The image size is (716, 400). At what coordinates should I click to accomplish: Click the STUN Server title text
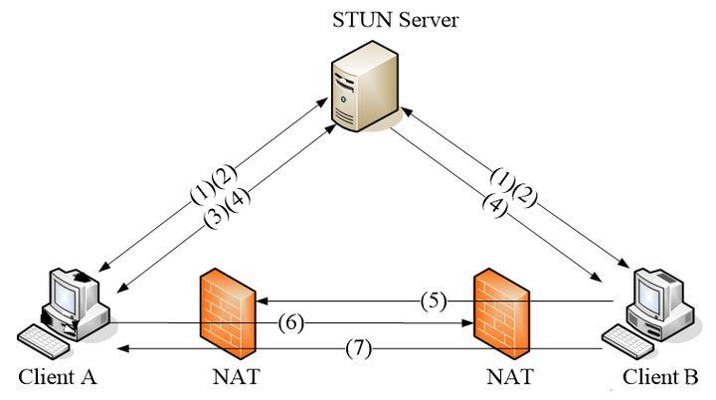tap(395, 20)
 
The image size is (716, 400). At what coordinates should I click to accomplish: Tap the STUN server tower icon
tap(365, 86)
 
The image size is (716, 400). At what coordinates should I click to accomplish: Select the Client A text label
tap(58, 377)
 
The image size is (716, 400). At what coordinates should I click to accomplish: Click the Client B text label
tap(660, 377)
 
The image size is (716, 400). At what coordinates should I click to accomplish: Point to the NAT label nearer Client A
tap(236, 377)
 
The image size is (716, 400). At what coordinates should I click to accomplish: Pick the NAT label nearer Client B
tap(510, 377)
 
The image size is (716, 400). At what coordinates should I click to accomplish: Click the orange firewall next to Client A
tap(228, 314)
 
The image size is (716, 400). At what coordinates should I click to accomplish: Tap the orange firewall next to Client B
tap(502, 314)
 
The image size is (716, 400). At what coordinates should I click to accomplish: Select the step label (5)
tap(434, 301)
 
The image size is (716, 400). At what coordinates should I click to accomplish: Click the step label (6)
tap(290, 323)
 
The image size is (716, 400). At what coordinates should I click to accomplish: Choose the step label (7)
tap(358, 349)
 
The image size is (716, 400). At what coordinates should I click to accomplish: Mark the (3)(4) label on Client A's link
tap(227, 208)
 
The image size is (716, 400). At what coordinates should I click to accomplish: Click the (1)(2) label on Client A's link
tap(214, 183)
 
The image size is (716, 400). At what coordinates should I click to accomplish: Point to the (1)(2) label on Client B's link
tap(514, 187)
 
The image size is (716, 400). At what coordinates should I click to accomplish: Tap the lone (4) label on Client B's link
tap(495, 205)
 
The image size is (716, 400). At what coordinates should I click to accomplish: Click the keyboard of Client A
tap(45, 341)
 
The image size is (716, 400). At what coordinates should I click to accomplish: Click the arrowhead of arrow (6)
tap(468, 323)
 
